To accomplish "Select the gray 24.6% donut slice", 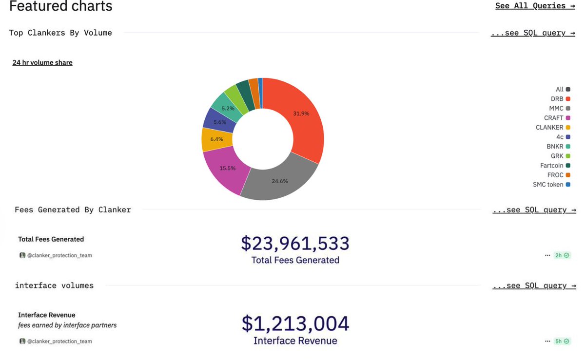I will click(280, 181).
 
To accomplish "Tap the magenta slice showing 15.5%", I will click(228, 168).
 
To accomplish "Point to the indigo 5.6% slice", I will click(220, 122).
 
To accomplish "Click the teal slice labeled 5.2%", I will click(228, 108).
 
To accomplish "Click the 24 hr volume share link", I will click(42, 62).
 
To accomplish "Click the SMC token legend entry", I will click(551, 185).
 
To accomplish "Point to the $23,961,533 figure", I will click(295, 244).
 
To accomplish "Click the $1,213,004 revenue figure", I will click(295, 324).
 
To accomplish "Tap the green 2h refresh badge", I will click(562, 255).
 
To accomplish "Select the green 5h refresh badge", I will click(562, 341).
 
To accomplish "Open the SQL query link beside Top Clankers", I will click(533, 33).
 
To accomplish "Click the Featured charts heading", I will click(61, 6).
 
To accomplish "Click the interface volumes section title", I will click(54, 285).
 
